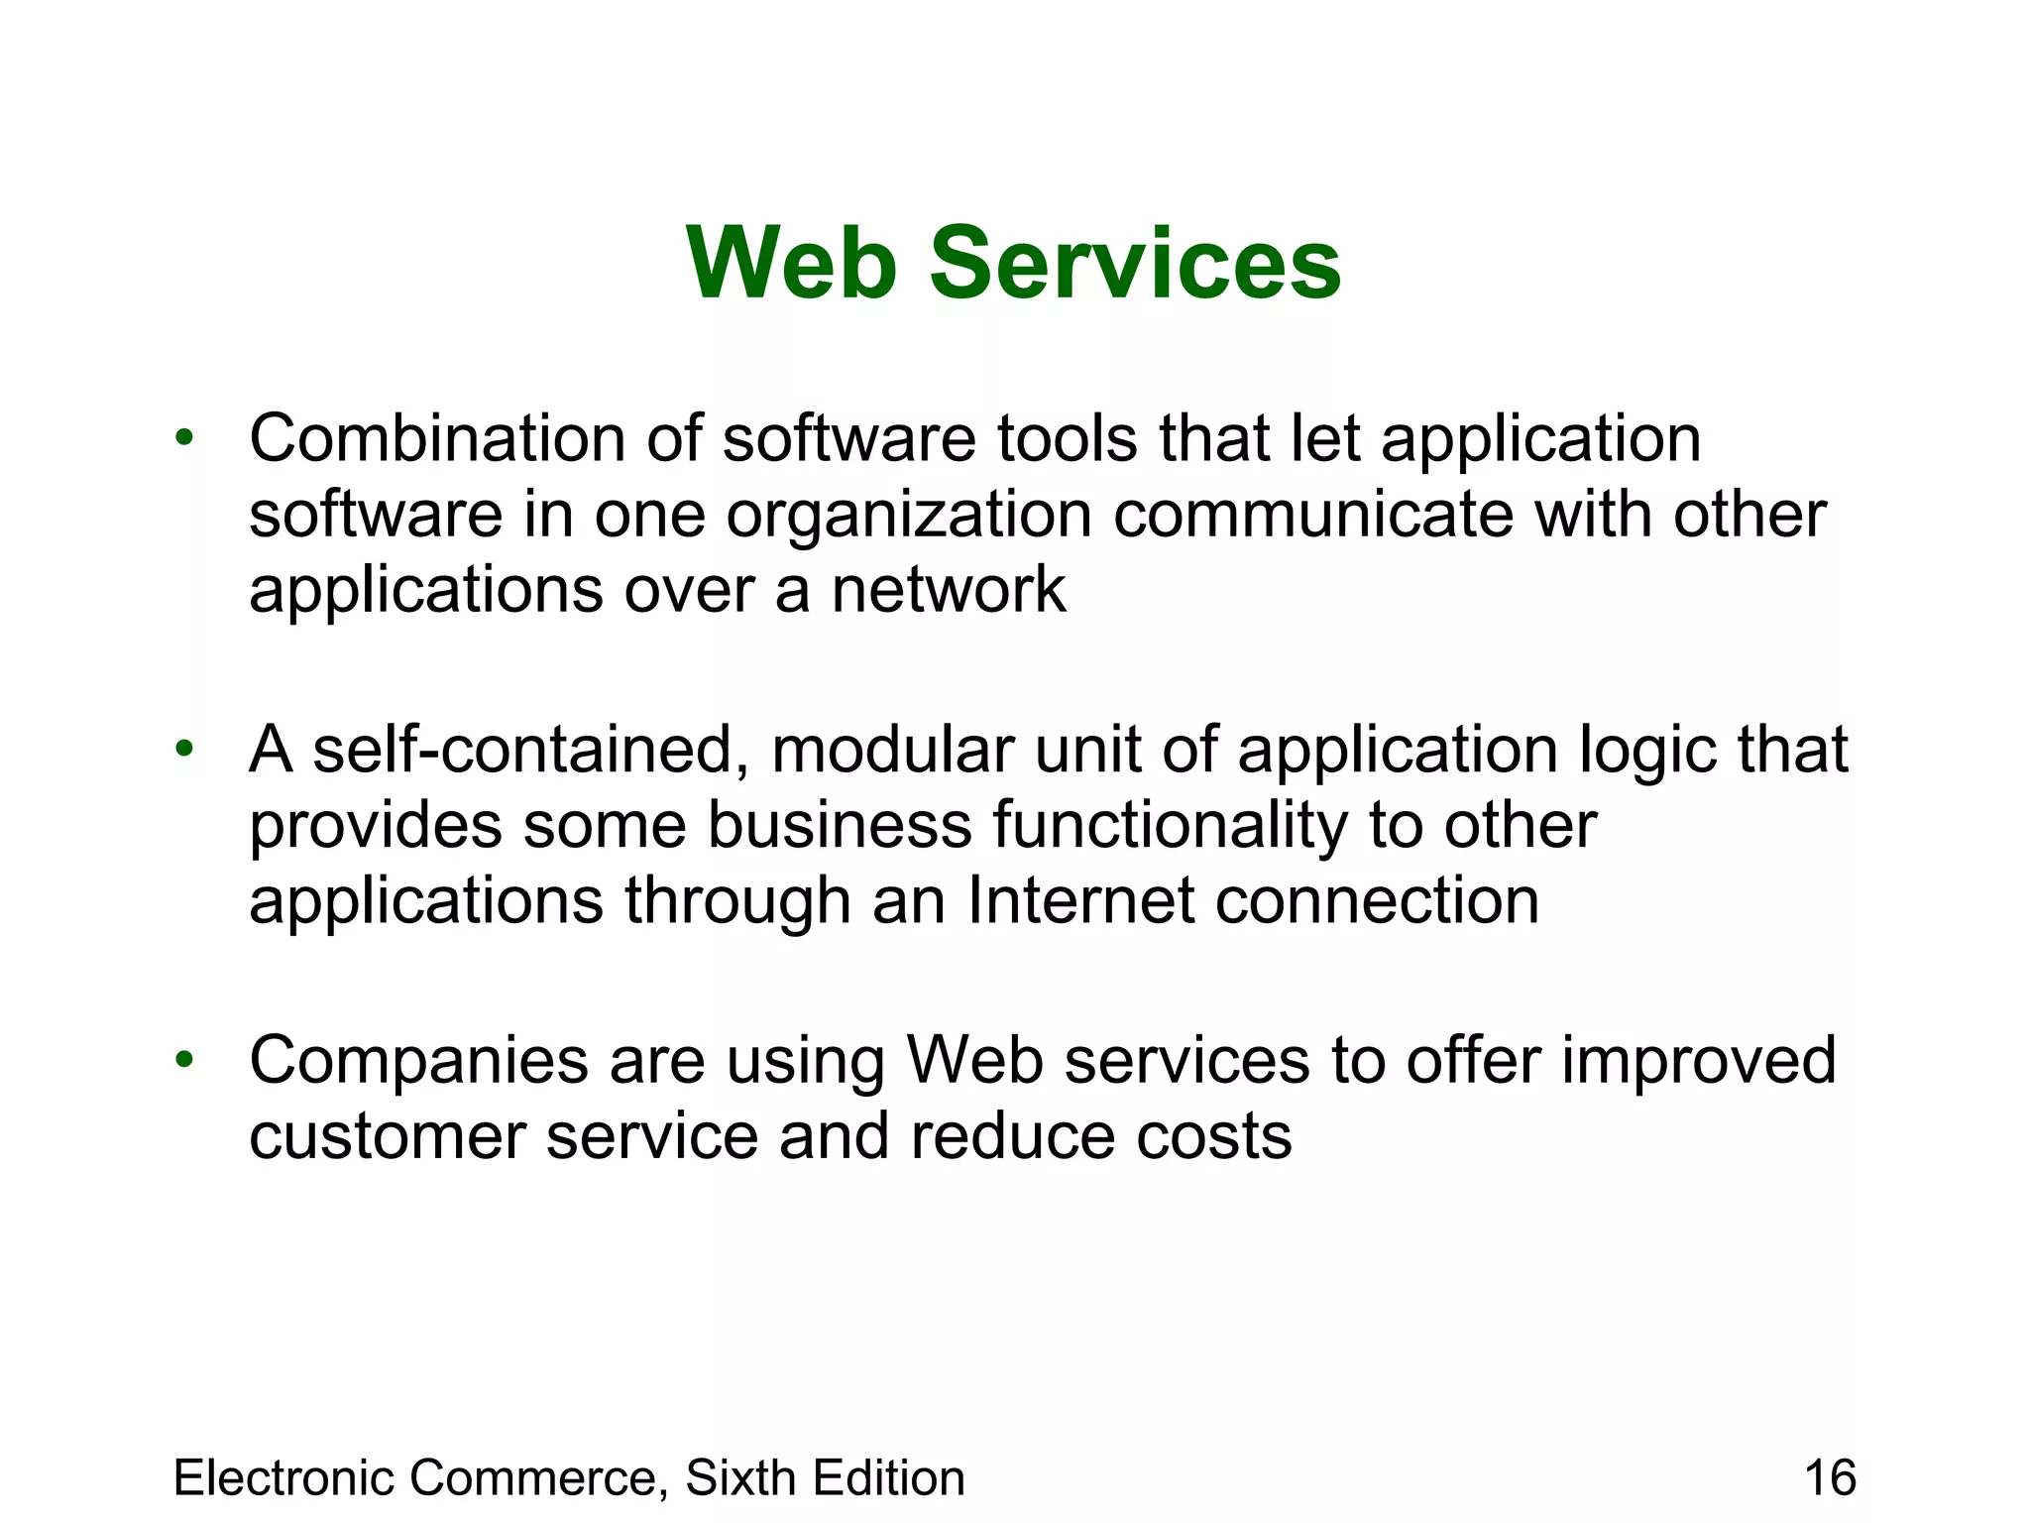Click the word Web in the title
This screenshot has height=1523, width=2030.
coord(791,263)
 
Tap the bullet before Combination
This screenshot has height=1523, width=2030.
coord(183,437)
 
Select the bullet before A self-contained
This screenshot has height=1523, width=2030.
coord(183,749)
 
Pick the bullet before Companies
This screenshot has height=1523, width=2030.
coord(183,1060)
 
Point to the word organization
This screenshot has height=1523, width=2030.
coord(908,516)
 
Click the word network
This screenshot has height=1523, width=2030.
coord(948,590)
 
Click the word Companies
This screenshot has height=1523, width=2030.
coord(418,1061)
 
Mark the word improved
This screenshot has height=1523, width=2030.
coord(1699,1061)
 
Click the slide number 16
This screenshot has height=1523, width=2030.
coord(1830,1477)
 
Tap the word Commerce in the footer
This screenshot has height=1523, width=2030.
coord(535,1477)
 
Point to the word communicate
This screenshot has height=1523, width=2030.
coord(1313,516)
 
